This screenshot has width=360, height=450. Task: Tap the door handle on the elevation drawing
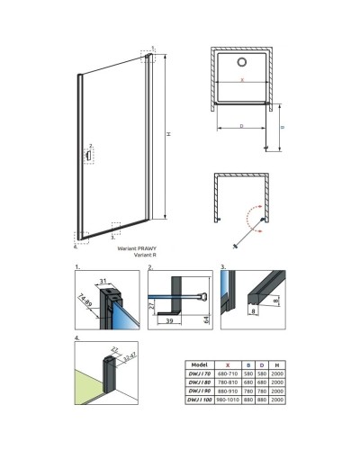click(x=87, y=155)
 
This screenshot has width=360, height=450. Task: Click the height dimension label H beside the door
click(x=168, y=136)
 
